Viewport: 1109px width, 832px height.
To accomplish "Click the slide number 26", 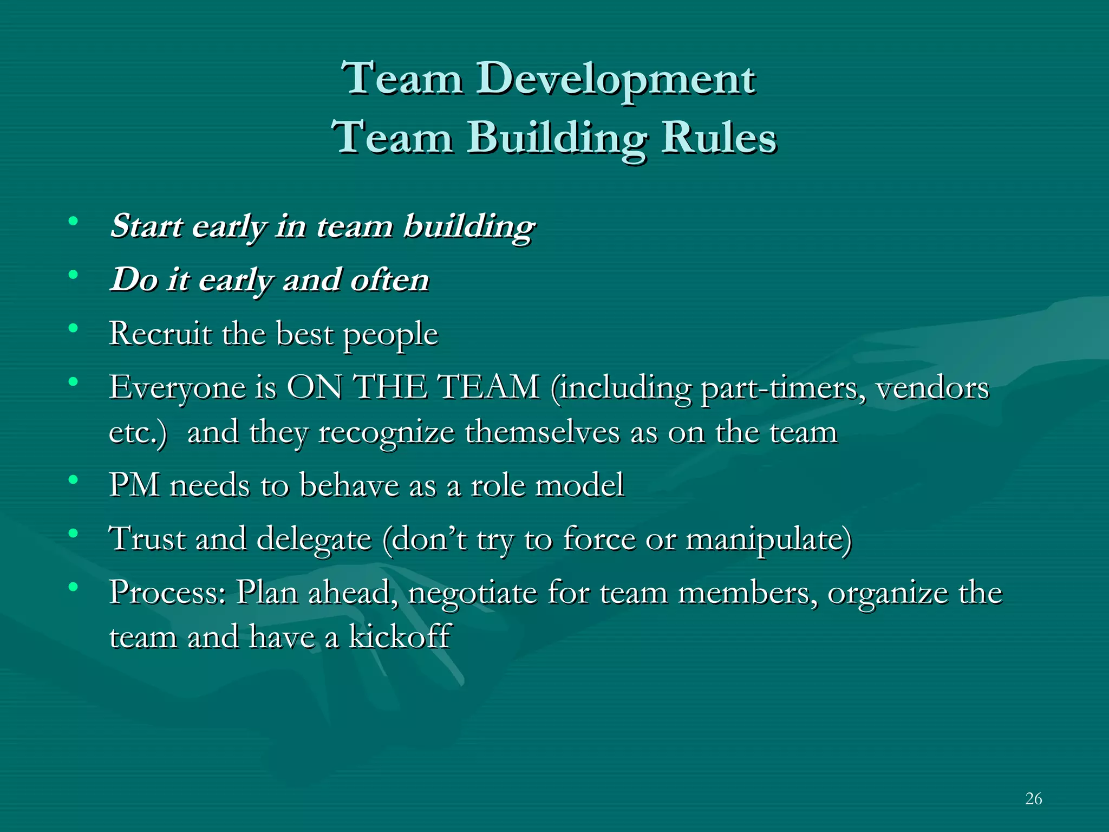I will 1033,798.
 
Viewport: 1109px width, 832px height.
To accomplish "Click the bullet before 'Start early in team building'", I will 73,220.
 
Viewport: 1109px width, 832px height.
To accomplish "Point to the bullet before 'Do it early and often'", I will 73,275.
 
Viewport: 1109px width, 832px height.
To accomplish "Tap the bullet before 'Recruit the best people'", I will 73,328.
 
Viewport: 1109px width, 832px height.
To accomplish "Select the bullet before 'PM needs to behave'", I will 73,479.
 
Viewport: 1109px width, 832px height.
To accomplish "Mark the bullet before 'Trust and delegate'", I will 73,534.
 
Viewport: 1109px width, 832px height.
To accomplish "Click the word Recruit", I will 160,333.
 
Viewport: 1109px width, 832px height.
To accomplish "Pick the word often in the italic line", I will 389,280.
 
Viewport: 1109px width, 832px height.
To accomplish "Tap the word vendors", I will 932,388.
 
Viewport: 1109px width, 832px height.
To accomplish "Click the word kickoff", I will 399,636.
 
